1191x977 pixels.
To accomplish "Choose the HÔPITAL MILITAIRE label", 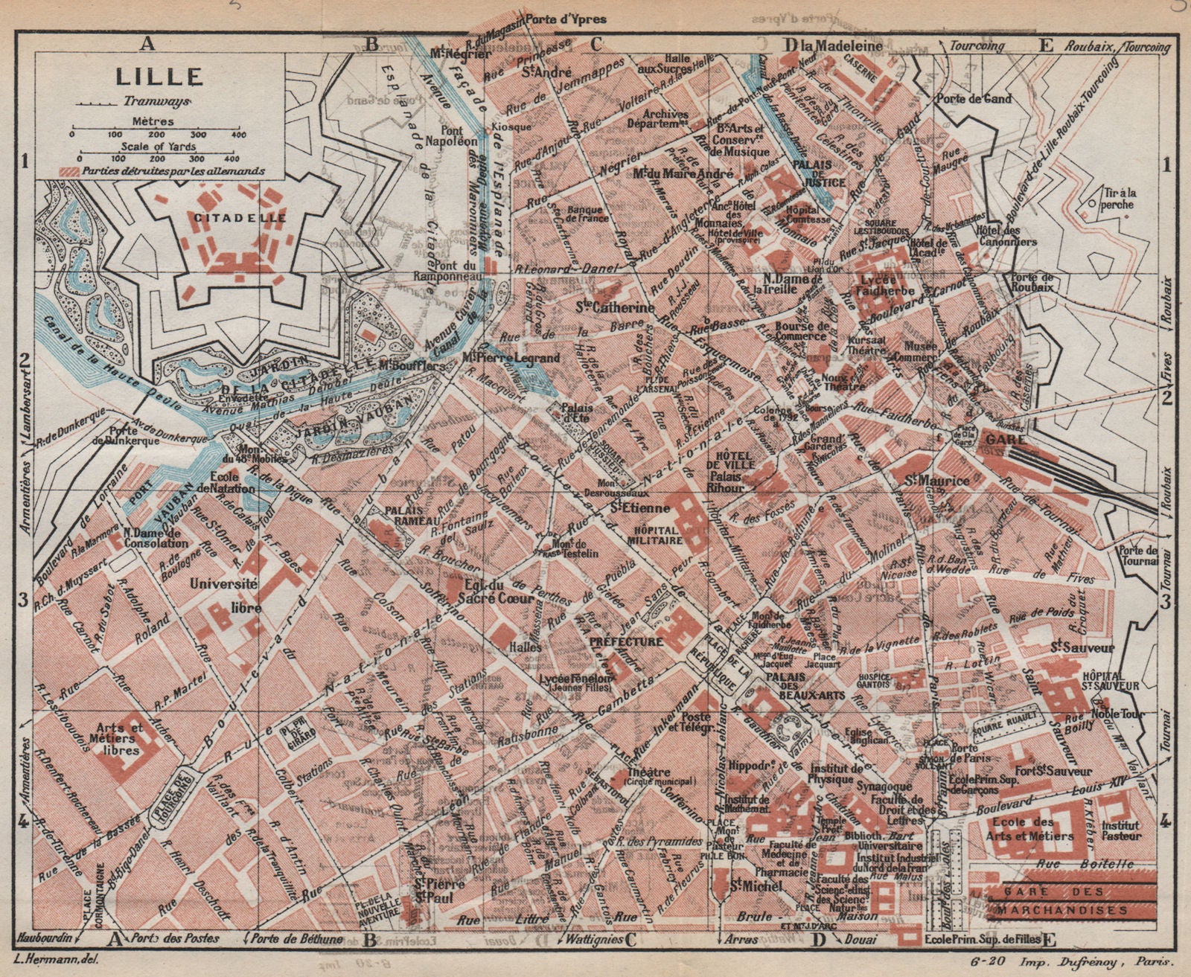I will coord(657,535).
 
